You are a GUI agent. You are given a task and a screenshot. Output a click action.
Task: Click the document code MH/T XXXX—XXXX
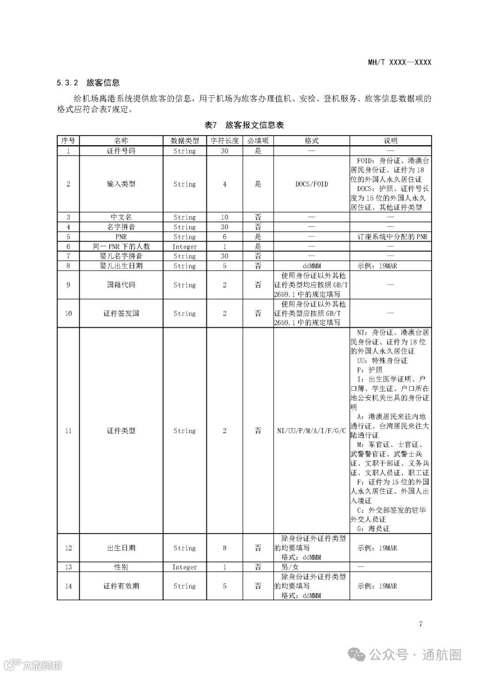(x=399, y=62)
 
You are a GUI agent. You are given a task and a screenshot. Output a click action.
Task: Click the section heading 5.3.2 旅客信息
(x=88, y=83)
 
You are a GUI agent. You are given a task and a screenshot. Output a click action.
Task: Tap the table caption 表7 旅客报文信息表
(x=244, y=125)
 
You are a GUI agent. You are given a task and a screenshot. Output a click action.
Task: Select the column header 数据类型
(x=185, y=141)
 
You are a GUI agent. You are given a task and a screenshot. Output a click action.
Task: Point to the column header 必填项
(x=258, y=141)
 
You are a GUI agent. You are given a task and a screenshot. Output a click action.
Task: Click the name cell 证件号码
(x=121, y=151)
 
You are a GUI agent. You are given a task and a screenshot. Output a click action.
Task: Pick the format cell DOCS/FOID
(x=311, y=184)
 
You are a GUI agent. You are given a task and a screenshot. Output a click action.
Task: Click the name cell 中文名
(x=121, y=217)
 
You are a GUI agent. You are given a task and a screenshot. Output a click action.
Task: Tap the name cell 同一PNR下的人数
(x=121, y=246)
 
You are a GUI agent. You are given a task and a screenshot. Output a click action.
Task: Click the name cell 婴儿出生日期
(x=121, y=266)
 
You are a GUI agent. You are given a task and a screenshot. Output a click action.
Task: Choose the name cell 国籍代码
(x=121, y=285)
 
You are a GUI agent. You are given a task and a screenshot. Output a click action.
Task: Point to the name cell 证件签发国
(x=121, y=313)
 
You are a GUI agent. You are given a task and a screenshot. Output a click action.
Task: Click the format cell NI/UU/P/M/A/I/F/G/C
(x=311, y=430)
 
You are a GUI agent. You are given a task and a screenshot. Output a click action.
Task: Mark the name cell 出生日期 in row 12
(x=121, y=548)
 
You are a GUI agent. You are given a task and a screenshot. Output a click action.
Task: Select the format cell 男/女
(x=290, y=567)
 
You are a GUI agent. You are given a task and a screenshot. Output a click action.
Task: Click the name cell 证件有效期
(x=121, y=586)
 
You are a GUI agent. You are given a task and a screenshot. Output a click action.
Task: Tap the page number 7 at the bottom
(x=420, y=624)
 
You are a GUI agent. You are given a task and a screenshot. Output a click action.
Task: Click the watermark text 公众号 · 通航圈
(x=415, y=655)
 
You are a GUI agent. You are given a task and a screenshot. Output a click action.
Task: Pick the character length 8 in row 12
(x=224, y=548)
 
